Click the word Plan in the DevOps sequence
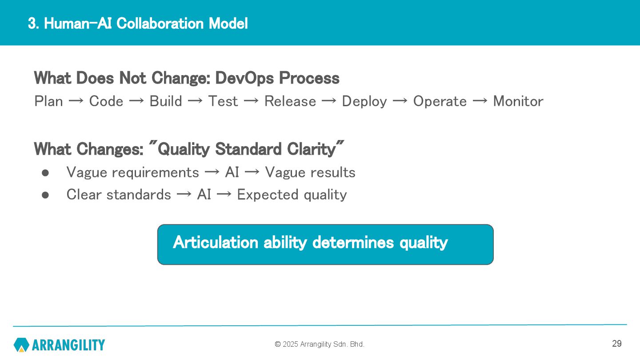click(48, 101)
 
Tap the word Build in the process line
click(166, 101)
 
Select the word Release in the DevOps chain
click(290, 101)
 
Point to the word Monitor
click(518, 101)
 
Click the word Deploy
click(364, 102)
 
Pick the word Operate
click(440, 102)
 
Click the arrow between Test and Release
click(251, 101)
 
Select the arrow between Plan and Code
click(76, 101)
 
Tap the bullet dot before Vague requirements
click(45, 173)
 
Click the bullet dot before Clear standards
click(45, 195)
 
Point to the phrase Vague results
click(310, 172)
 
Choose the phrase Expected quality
click(292, 195)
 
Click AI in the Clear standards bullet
click(204, 195)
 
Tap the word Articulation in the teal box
click(216, 242)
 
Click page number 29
click(617, 344)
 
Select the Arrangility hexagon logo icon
click(21, 344)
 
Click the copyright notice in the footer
click(320, 344)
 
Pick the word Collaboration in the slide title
click(160, 24)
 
